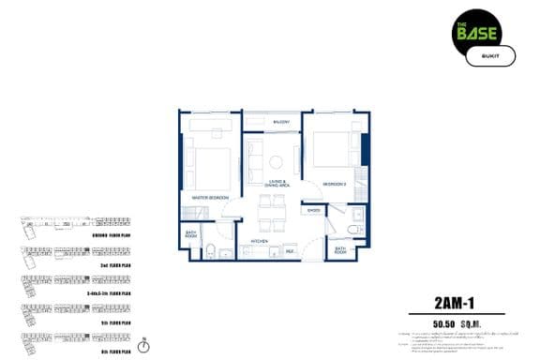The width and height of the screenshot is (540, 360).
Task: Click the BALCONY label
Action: coord(280,123)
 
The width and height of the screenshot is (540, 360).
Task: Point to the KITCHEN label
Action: coord(260,241)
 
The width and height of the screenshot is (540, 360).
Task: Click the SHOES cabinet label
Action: coord(313,211)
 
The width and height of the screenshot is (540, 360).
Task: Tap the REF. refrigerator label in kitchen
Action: coord(291,250)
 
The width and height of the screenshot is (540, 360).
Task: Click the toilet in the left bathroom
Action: coord(212,248)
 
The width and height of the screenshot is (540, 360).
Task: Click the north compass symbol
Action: coord(142,345)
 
